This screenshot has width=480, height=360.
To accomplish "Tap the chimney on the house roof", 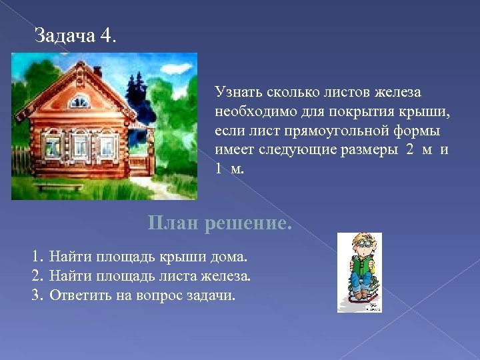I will [x=97, y=70].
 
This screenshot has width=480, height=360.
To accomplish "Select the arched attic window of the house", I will [x=79, y=102].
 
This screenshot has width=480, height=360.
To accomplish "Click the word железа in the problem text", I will [x=393, y=91].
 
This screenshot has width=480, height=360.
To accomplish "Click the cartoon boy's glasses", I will [x=364, y=244].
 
